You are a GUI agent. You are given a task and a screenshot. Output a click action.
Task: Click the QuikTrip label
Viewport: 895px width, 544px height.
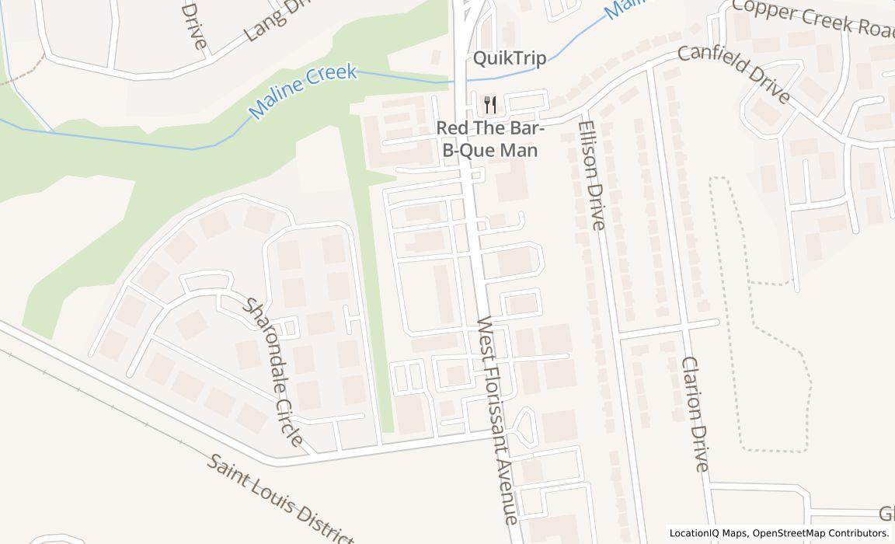point(510,58)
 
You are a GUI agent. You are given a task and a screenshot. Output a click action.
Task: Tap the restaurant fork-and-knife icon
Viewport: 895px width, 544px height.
point(489,105)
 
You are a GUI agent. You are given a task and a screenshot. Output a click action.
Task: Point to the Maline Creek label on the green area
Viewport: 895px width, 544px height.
point(303,92)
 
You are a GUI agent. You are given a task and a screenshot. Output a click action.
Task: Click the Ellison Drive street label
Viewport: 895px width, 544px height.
point(591,175)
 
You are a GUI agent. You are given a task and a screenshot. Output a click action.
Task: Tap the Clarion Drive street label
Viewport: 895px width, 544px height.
point(695,413)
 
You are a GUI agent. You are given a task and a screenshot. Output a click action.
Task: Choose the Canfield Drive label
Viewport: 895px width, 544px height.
point(734,74)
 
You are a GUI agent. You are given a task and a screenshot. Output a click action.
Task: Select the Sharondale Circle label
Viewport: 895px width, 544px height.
point(273,371)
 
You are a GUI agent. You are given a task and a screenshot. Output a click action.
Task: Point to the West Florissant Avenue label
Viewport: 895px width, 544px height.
point(497,420)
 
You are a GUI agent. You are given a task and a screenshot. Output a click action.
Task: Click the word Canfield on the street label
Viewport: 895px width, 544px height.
point(711,63)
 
